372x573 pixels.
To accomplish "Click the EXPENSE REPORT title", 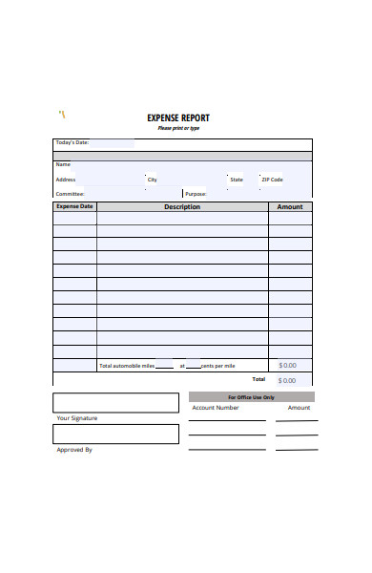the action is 178,118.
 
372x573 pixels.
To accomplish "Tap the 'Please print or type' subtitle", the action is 178,128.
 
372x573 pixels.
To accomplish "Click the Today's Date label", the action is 72,142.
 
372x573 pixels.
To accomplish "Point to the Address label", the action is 66,180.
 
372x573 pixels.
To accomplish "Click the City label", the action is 152,180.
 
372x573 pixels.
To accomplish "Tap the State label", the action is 237,180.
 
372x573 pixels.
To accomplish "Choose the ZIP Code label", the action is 272,180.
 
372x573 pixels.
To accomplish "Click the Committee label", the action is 70,193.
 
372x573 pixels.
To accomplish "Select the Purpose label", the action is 196,193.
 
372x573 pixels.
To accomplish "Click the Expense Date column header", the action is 74,206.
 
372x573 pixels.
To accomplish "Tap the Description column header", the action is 182,206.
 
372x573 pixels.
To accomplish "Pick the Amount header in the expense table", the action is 289,206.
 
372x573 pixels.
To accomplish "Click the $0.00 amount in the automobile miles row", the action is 287,366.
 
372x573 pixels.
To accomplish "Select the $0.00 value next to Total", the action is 287,380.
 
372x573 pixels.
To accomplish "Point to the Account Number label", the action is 216,408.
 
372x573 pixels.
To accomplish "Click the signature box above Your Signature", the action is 115,402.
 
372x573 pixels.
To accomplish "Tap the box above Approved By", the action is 115,434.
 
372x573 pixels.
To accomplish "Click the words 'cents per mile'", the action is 217,366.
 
